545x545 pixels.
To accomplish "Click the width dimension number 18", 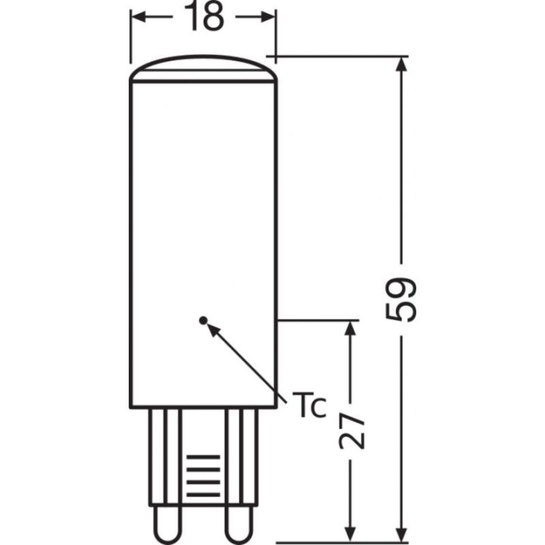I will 204,18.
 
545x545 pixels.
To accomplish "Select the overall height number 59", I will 401,299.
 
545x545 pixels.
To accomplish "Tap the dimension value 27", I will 349,431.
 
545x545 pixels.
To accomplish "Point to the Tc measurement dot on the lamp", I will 202,320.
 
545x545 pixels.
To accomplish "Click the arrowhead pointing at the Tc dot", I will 213,329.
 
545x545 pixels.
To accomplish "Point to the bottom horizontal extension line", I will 341,542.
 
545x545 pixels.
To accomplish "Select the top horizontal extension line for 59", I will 341,57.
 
